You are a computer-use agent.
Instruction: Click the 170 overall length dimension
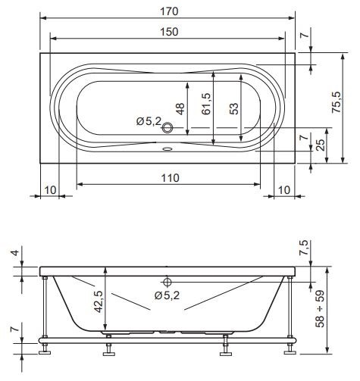pos(169,11)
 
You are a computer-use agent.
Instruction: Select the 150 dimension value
pos(169,32)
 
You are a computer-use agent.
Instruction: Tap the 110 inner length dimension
pos(171,178)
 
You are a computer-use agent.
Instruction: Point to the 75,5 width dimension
pos(337,102)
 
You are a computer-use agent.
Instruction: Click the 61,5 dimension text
pos(206,104)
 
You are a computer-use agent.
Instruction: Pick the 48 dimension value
pos(180,109)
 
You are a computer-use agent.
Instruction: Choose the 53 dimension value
pos(234,109)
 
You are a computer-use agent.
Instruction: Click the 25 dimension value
pos(321,145)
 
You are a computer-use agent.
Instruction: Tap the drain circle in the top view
pos(167,127)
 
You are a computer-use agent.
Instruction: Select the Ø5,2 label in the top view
pos(149,121)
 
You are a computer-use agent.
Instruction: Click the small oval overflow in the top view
pos(167,149)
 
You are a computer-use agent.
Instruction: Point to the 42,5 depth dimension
pos(99,301)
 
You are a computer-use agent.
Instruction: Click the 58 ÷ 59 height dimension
pos(320,309)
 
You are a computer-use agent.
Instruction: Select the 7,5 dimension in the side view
pos(304,248)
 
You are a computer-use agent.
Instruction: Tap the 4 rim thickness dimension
pos(16,252)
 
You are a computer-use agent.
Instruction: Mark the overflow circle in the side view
pos(167,282)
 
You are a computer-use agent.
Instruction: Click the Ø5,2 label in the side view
pos(167,295)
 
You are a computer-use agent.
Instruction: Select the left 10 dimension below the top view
pos(50,190)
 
